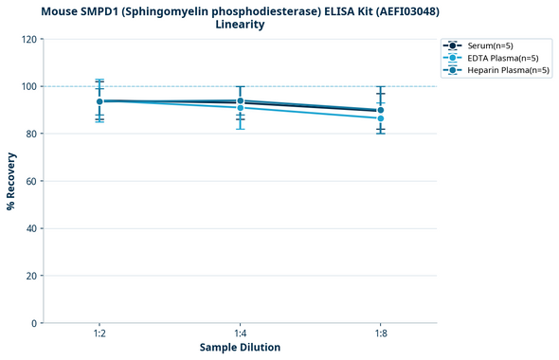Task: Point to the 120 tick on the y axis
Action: coord(30,39)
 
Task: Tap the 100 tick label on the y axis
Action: coord(30,86)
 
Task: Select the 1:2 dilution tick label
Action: coord(99,333)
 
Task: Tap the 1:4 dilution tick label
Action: coord(241,333)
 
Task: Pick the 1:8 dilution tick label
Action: coord(381,333)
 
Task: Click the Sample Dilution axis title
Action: coord(240,348)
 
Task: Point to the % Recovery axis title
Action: coord(12,181)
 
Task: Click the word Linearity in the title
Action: coord(240,25)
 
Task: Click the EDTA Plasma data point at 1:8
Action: coord(381,118)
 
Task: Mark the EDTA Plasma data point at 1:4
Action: coord(241,108)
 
